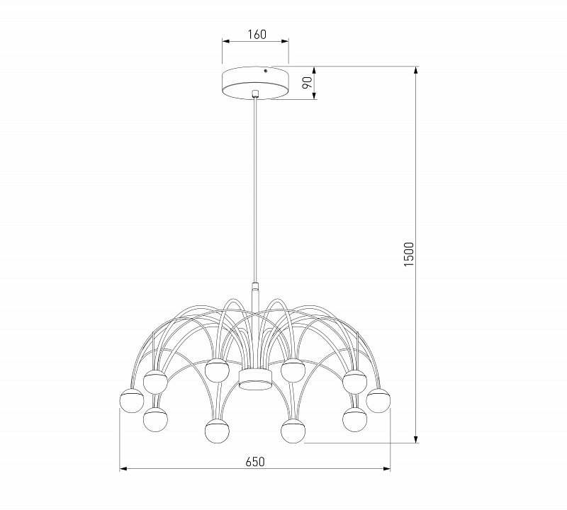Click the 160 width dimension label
pos(256,35)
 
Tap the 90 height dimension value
pos(307,82)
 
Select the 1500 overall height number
pos(408,254)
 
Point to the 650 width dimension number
pos(255,462)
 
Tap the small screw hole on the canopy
pos(266,71)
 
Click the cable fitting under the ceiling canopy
pos(255,93)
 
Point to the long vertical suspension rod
pos(255,191)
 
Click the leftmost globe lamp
pos(132,401)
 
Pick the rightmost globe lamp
pos(379,400)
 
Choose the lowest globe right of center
pos(293,431)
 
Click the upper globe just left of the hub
pos(216,370)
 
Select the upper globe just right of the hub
pos(293,370)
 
